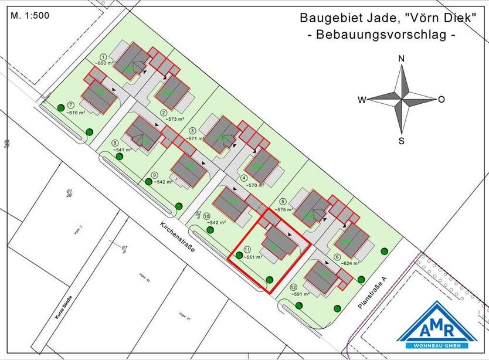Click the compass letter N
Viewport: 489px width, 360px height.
tap(402, 59)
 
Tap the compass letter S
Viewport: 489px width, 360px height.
tap(402, 140)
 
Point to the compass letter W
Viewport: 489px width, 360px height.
tap(362, 100)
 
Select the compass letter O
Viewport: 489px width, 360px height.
tap(442, 100)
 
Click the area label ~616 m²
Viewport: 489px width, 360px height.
tap(76, 111)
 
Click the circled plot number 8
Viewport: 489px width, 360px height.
tap(115, 142)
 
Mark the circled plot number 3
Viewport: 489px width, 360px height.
tap(192, 130)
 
